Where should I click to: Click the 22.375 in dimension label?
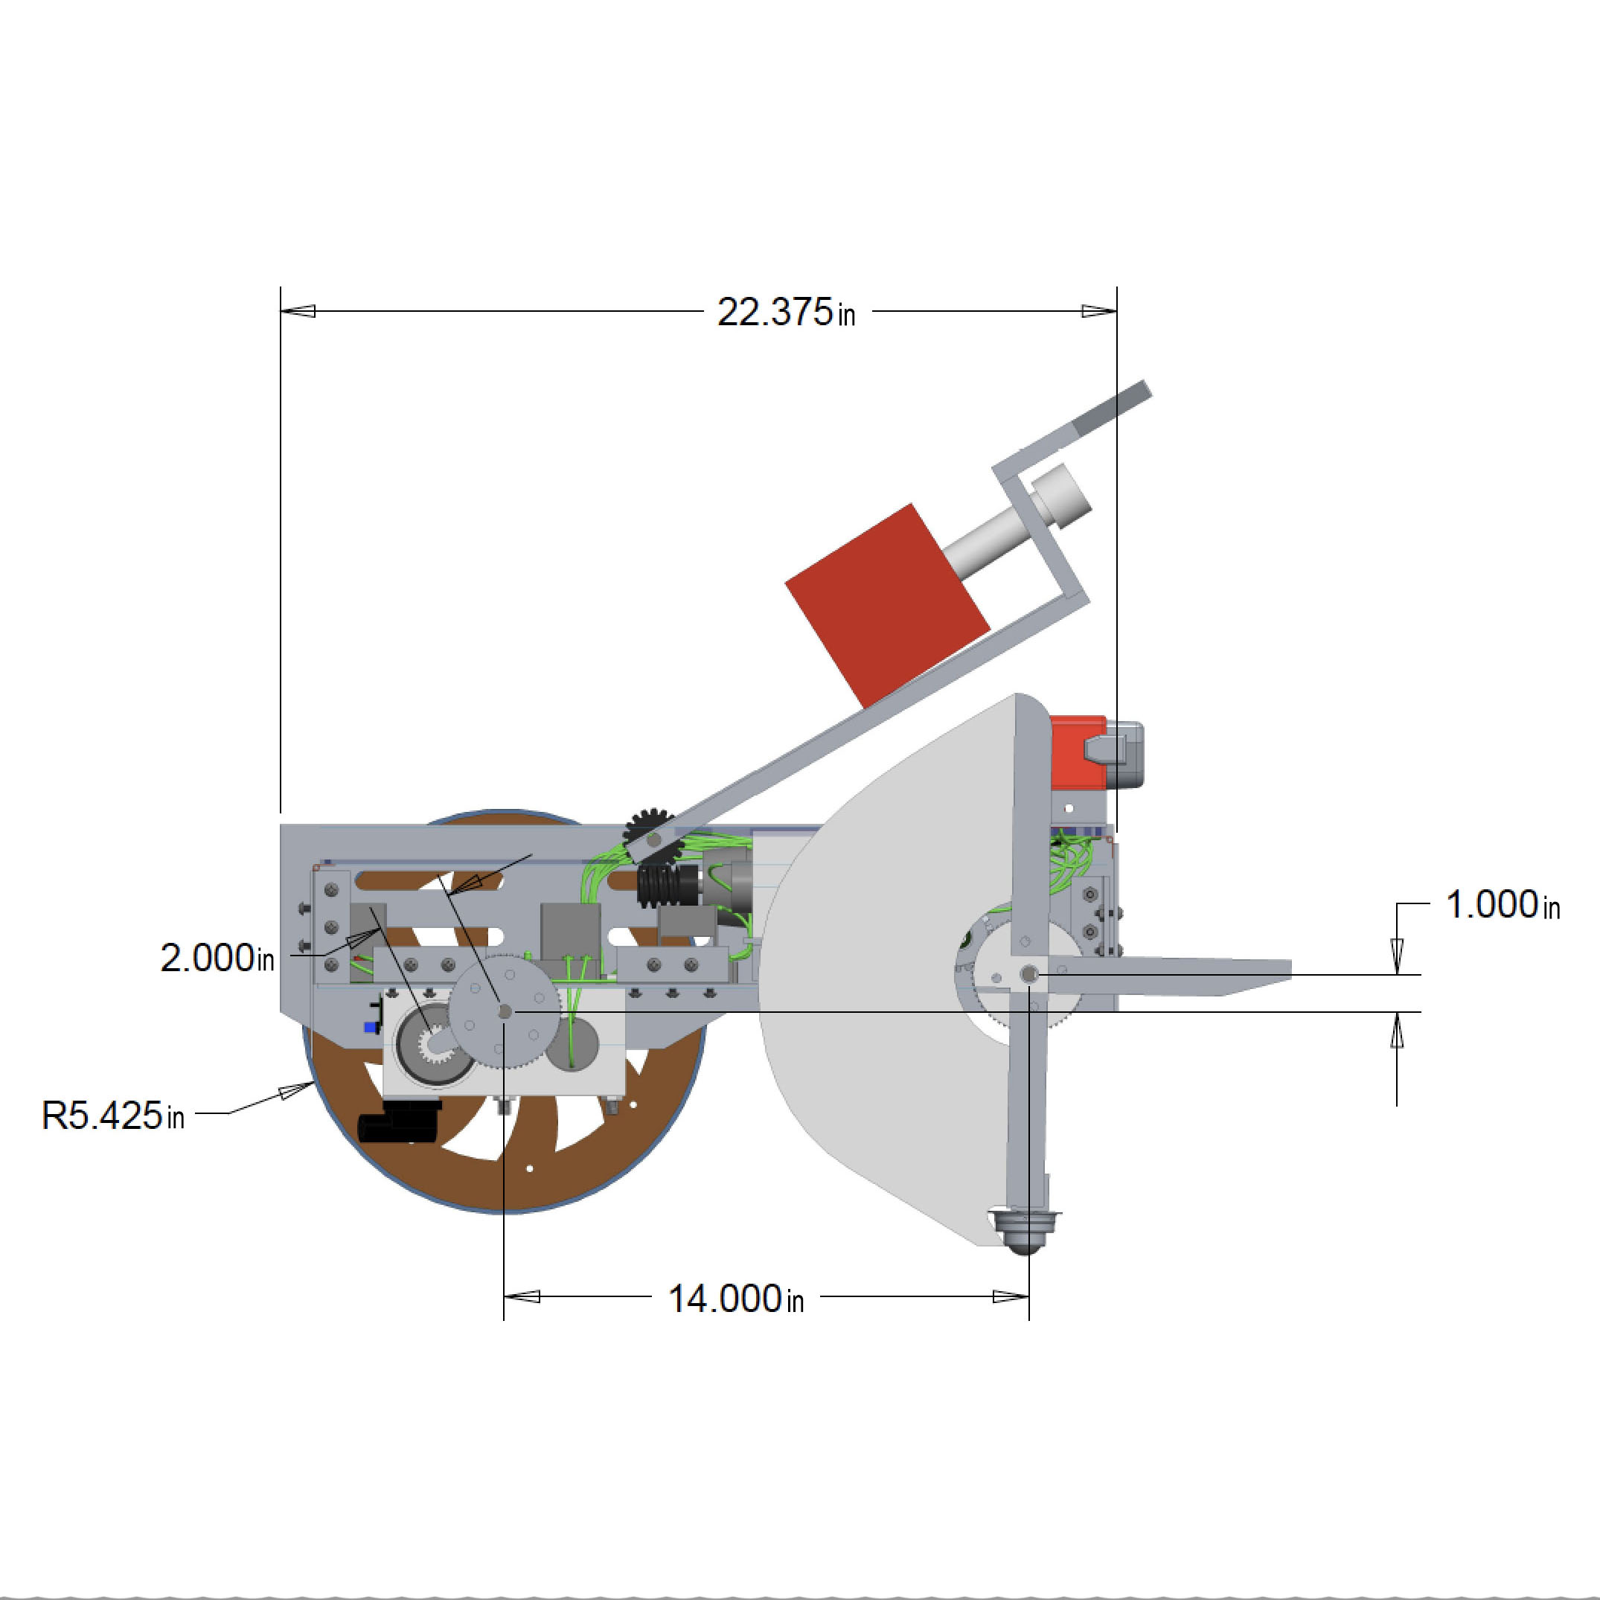(786, 313)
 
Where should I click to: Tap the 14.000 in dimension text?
(735, 1299)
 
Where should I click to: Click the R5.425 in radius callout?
(112, 1115)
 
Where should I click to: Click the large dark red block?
(887, 605)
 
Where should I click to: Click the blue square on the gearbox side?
(370, 1027)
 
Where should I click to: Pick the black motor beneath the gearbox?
(399, 1122)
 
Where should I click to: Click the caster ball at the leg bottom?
(1025, 1232)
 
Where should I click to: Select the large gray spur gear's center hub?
(505, 1011)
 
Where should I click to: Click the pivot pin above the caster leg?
(1028, 975)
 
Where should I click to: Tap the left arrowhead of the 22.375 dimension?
(298, 311)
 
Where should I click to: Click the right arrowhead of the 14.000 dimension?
(1011, 1296)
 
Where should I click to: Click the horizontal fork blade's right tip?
(1290, 967)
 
